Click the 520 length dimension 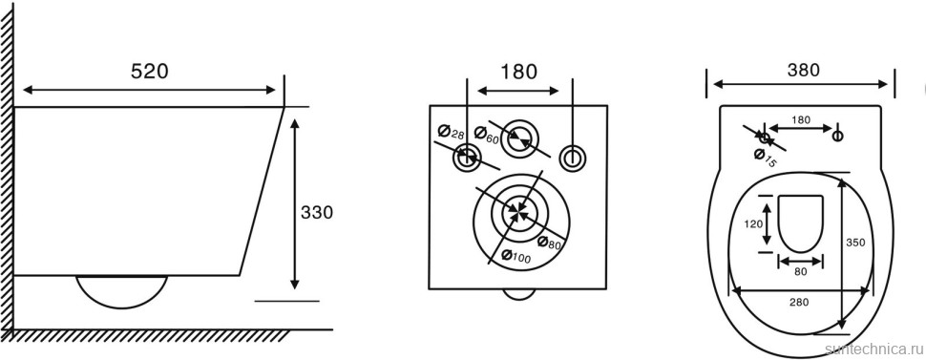click(x=150, y=71)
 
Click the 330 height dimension click(x=317, y=212)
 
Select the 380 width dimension click(x=804, y=70)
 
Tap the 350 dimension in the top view click(x=855, y=243)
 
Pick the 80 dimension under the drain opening click(x=800, y=272)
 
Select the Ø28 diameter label click(x=451, y=132)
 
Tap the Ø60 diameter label click(x=486, y=135)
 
